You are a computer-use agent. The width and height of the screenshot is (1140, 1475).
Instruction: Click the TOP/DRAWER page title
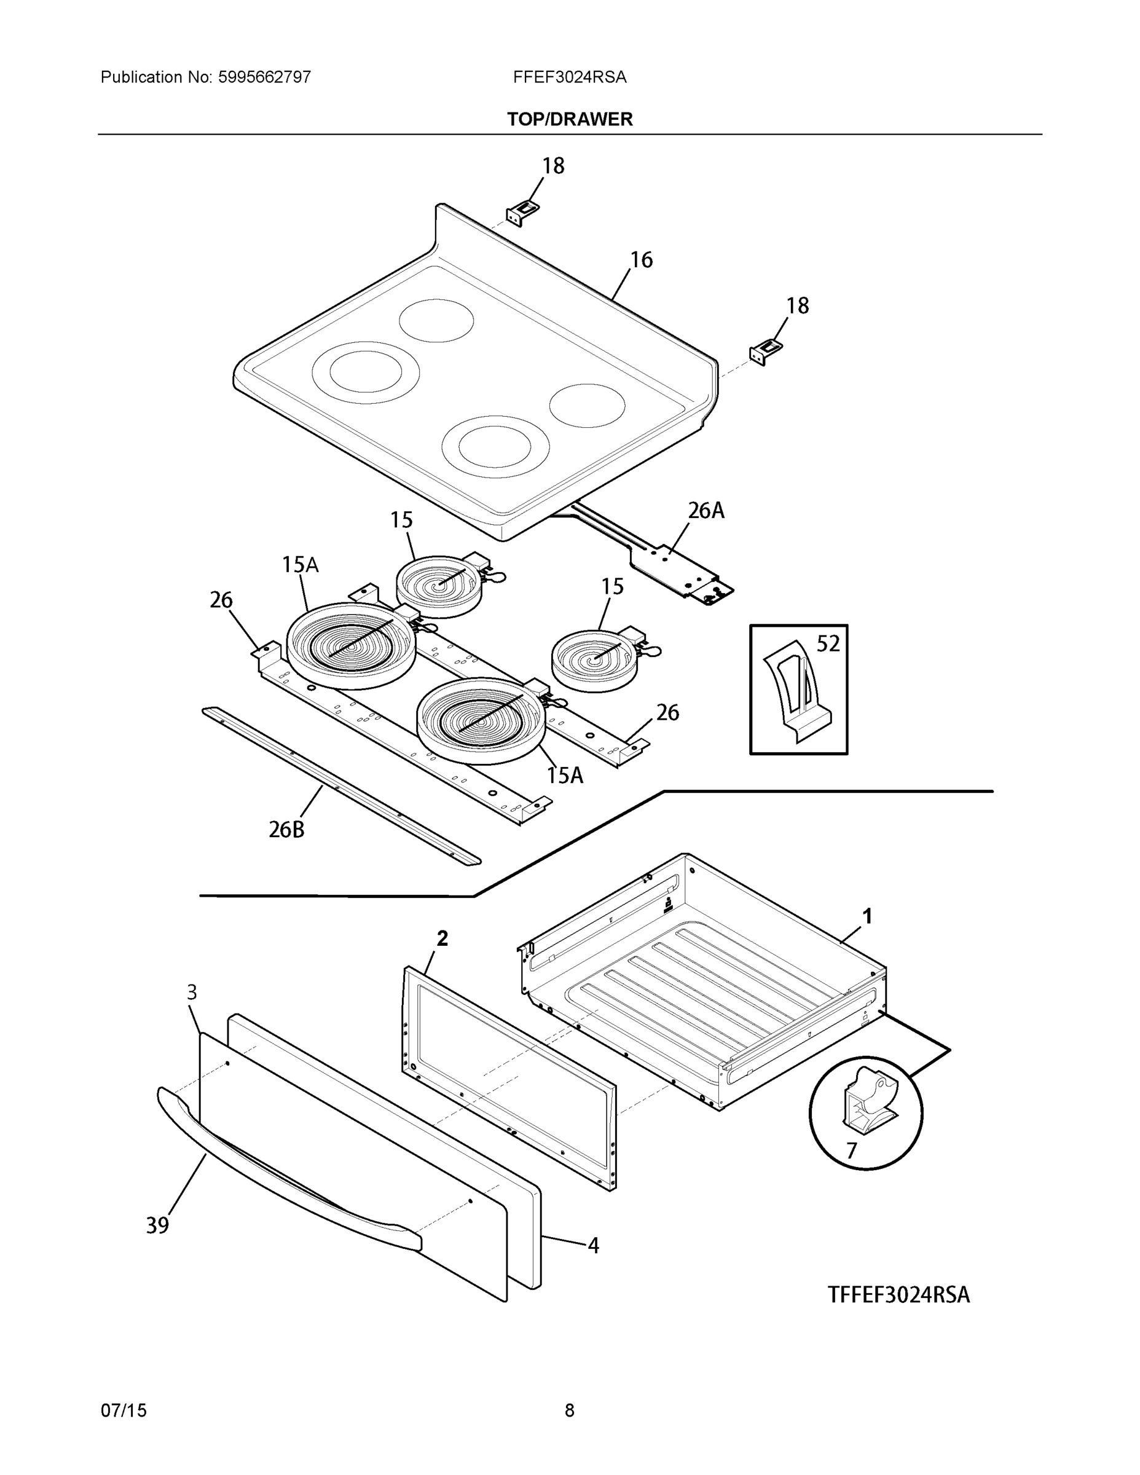coord(569,120)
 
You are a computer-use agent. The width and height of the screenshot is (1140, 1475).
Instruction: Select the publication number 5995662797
coord(264,77)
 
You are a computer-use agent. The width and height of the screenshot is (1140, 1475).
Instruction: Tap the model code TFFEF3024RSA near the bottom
coord(898,1295)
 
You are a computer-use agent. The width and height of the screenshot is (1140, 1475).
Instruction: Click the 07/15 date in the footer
coord(123,1410)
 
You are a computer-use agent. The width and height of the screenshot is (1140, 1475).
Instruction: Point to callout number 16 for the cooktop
coord(641,260)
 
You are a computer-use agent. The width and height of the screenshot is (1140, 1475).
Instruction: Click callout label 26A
coord(706,511)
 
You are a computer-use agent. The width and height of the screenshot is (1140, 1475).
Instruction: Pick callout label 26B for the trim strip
coord(286,829)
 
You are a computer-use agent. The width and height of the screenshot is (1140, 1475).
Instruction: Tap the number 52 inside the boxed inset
coord(828,643)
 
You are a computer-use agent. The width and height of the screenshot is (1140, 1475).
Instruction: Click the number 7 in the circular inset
coord(851,1150)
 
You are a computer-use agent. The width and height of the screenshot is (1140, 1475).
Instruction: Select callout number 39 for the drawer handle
coord(157,1225)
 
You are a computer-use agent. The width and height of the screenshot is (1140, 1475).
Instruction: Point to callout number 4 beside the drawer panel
coord(593,1245)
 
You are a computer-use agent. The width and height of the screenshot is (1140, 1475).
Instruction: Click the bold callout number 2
coord(442,938)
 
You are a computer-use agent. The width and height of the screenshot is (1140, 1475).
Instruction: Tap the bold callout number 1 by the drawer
coord(867,916)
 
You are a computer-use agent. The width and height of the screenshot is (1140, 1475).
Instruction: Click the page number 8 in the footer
coord(569,1410)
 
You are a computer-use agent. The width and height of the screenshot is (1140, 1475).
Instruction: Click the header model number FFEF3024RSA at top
coord(569,77)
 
